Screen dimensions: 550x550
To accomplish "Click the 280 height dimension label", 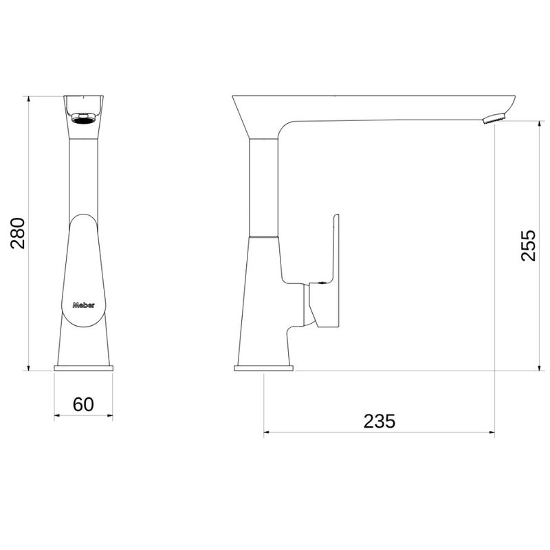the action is click(x=18, y=233).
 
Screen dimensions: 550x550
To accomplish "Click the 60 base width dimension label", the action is click(x=83, y=404).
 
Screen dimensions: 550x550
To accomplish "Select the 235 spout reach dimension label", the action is click(x=379, y=421).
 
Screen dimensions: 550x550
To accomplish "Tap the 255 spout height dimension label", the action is click(x=528, y=245).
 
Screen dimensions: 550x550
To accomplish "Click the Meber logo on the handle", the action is click(x=83, y=305).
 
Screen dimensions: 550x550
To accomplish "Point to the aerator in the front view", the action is click(x=83, y=118).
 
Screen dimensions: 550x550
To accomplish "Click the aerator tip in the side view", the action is click(x=494, y=118).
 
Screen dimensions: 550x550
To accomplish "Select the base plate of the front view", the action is click(x=83, y=368).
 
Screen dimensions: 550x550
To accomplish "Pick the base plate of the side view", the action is click(x=264, y=368).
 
